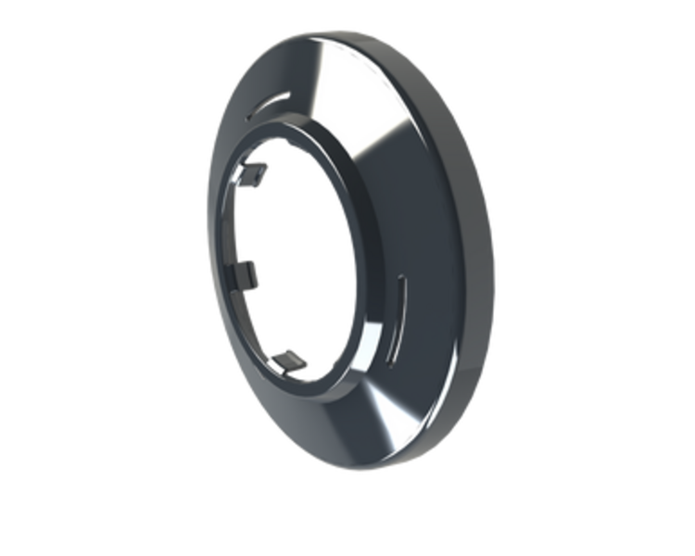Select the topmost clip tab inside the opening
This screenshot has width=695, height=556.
[x=258, y=173]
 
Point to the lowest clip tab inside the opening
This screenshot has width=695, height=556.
[x=293, y=359]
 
